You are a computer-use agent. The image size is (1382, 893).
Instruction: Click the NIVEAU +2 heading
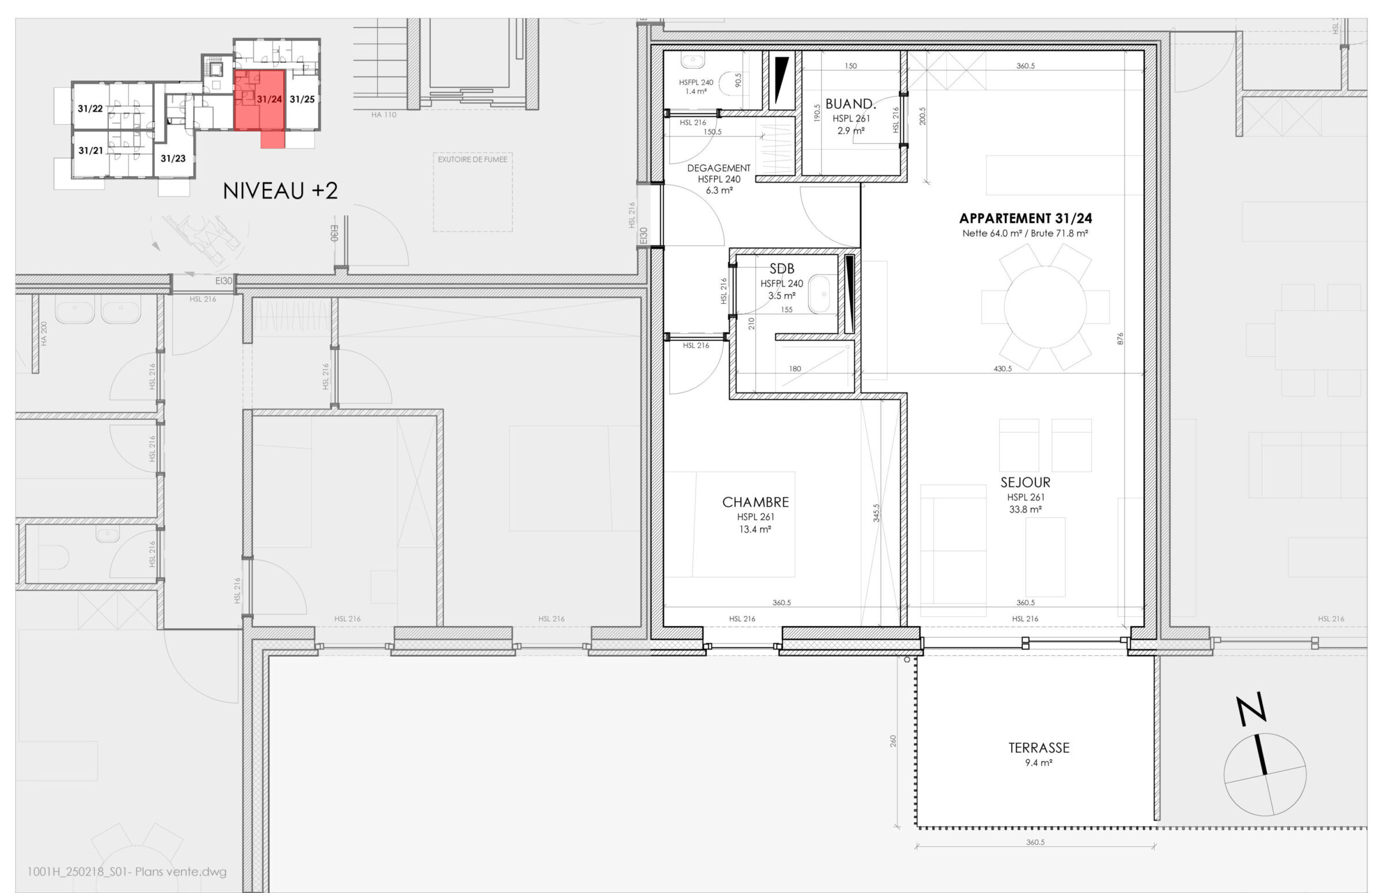pyautogui.click(x=280, y=191)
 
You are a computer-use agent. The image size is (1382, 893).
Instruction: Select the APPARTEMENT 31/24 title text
pyautogui.click(x=1025, y=219)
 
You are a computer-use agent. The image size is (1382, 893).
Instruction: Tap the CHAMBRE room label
pyautogui.click(x=755, y=502)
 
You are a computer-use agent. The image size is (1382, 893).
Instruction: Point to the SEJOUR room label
pyautogui.click(x=1025, y=482)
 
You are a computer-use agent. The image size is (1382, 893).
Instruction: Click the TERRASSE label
pyautogui.click(x=1039, y=748)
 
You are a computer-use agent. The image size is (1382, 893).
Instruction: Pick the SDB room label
pyautogui.click(x=781, y=269)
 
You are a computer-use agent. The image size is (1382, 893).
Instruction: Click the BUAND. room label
pyautogui.click(x=851, y=104)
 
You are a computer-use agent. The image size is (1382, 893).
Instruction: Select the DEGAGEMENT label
pyautogui.click(x=719, y=168)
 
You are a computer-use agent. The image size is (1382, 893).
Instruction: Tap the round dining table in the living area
pyautogui.click(x=1045, y=306)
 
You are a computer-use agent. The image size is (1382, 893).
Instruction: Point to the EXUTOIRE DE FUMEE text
pyautogui.click(x=472, y=159)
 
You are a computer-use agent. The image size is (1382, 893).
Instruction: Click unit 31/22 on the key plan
pyautogui.click(x=90, y=108)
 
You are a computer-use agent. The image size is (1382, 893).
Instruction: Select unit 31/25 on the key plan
pyautogui.click(x=302, y=99)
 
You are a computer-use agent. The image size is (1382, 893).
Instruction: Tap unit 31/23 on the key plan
pyautogui.click(x=173, y=158)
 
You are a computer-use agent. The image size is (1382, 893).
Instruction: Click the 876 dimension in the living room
pyautogui.click(x=1120, y=339)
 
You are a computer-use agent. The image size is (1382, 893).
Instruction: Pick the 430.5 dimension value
pyautogui.click(x=1002, y=369)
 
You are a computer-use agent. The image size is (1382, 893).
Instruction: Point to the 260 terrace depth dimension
pyautogui.click(x=893, y=741)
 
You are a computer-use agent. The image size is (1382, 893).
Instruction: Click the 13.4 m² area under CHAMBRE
pyautogui.click(x=755, y=529)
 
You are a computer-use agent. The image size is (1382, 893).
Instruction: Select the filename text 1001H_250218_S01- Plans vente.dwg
pyautogui.click(x=127, y=872)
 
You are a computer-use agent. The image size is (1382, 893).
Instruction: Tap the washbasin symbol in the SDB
pyautogui.click(x=819, y=295)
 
